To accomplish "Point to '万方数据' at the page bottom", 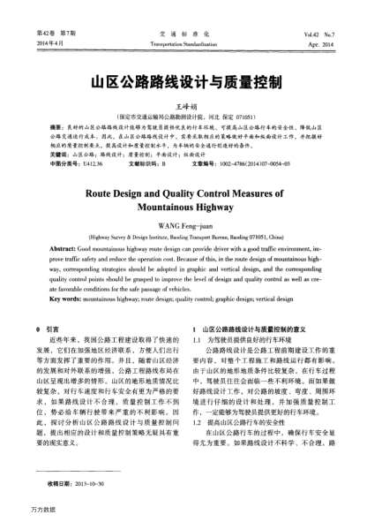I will click(x=20, y=511).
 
